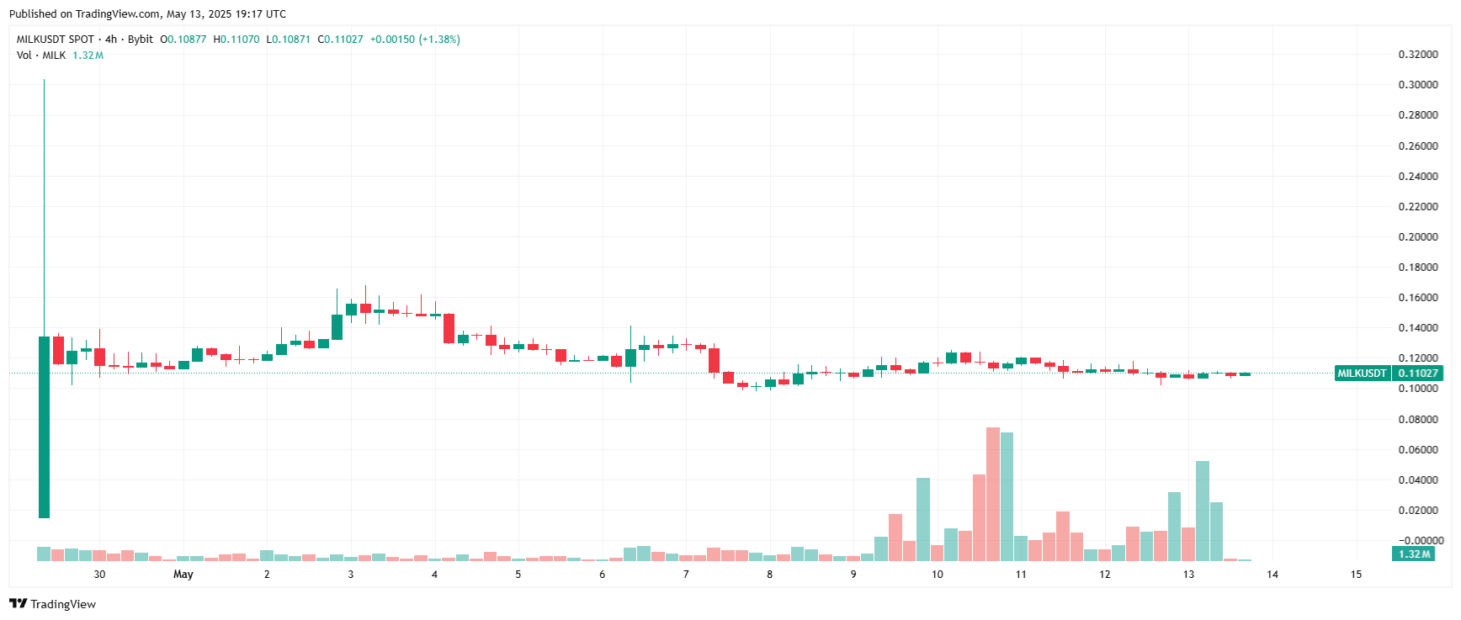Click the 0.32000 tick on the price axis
[x=1417, y=55]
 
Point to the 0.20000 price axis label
[x=1417, y=237]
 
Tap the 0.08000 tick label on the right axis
[x=1417, y=419]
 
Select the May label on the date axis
[x=183, y=575]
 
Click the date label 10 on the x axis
[x=937, y=575]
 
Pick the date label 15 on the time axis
[x=1356, y=575]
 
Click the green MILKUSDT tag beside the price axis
[x=1362, y=374]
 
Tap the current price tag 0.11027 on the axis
[x=1417, y=374]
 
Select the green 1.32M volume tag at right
[x=1414, y=554]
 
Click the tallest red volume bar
[x=993, y=494]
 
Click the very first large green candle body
[x=44, y=427]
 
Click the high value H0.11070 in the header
[x=236, y=40]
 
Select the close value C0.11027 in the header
[x=340, y=40]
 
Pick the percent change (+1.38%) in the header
[x=439, y=40]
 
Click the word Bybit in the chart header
[x=141, y=40]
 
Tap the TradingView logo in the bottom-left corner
[x=52, y=604]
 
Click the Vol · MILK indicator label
[x=41, y=56]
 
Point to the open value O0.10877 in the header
[x=183, y=40]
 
